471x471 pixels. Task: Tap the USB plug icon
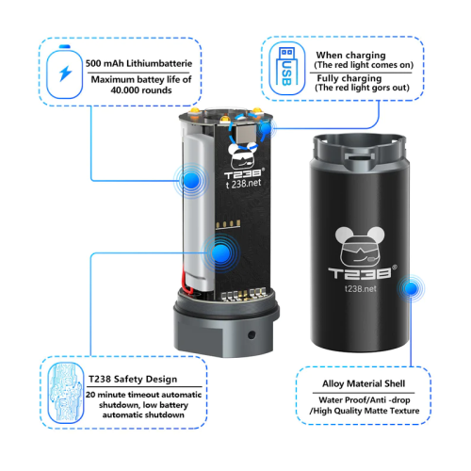coord(286,67)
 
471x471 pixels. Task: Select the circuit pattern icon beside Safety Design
coord(66,393)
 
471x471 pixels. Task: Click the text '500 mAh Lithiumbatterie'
coord(138,63)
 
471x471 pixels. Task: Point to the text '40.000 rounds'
coord(141,90)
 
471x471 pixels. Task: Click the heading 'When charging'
coord(350,56)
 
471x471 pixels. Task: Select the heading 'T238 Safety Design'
coord(133,379)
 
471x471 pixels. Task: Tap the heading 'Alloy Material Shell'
coord(364,383)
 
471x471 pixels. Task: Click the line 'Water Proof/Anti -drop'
coord(365,400)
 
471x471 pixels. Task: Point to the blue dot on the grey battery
coord(190,181)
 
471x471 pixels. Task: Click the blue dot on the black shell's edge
coord(411,288)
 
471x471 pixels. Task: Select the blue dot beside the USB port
coord(266,128)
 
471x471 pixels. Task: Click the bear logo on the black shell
coord(360,247)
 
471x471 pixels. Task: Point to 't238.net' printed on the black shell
coord(360,288)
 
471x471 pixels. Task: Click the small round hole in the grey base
coord(252,334)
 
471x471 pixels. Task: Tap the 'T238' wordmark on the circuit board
coord(243,173)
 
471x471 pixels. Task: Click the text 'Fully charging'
coord(349,78)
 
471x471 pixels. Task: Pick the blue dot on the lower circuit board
coord(221,253)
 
